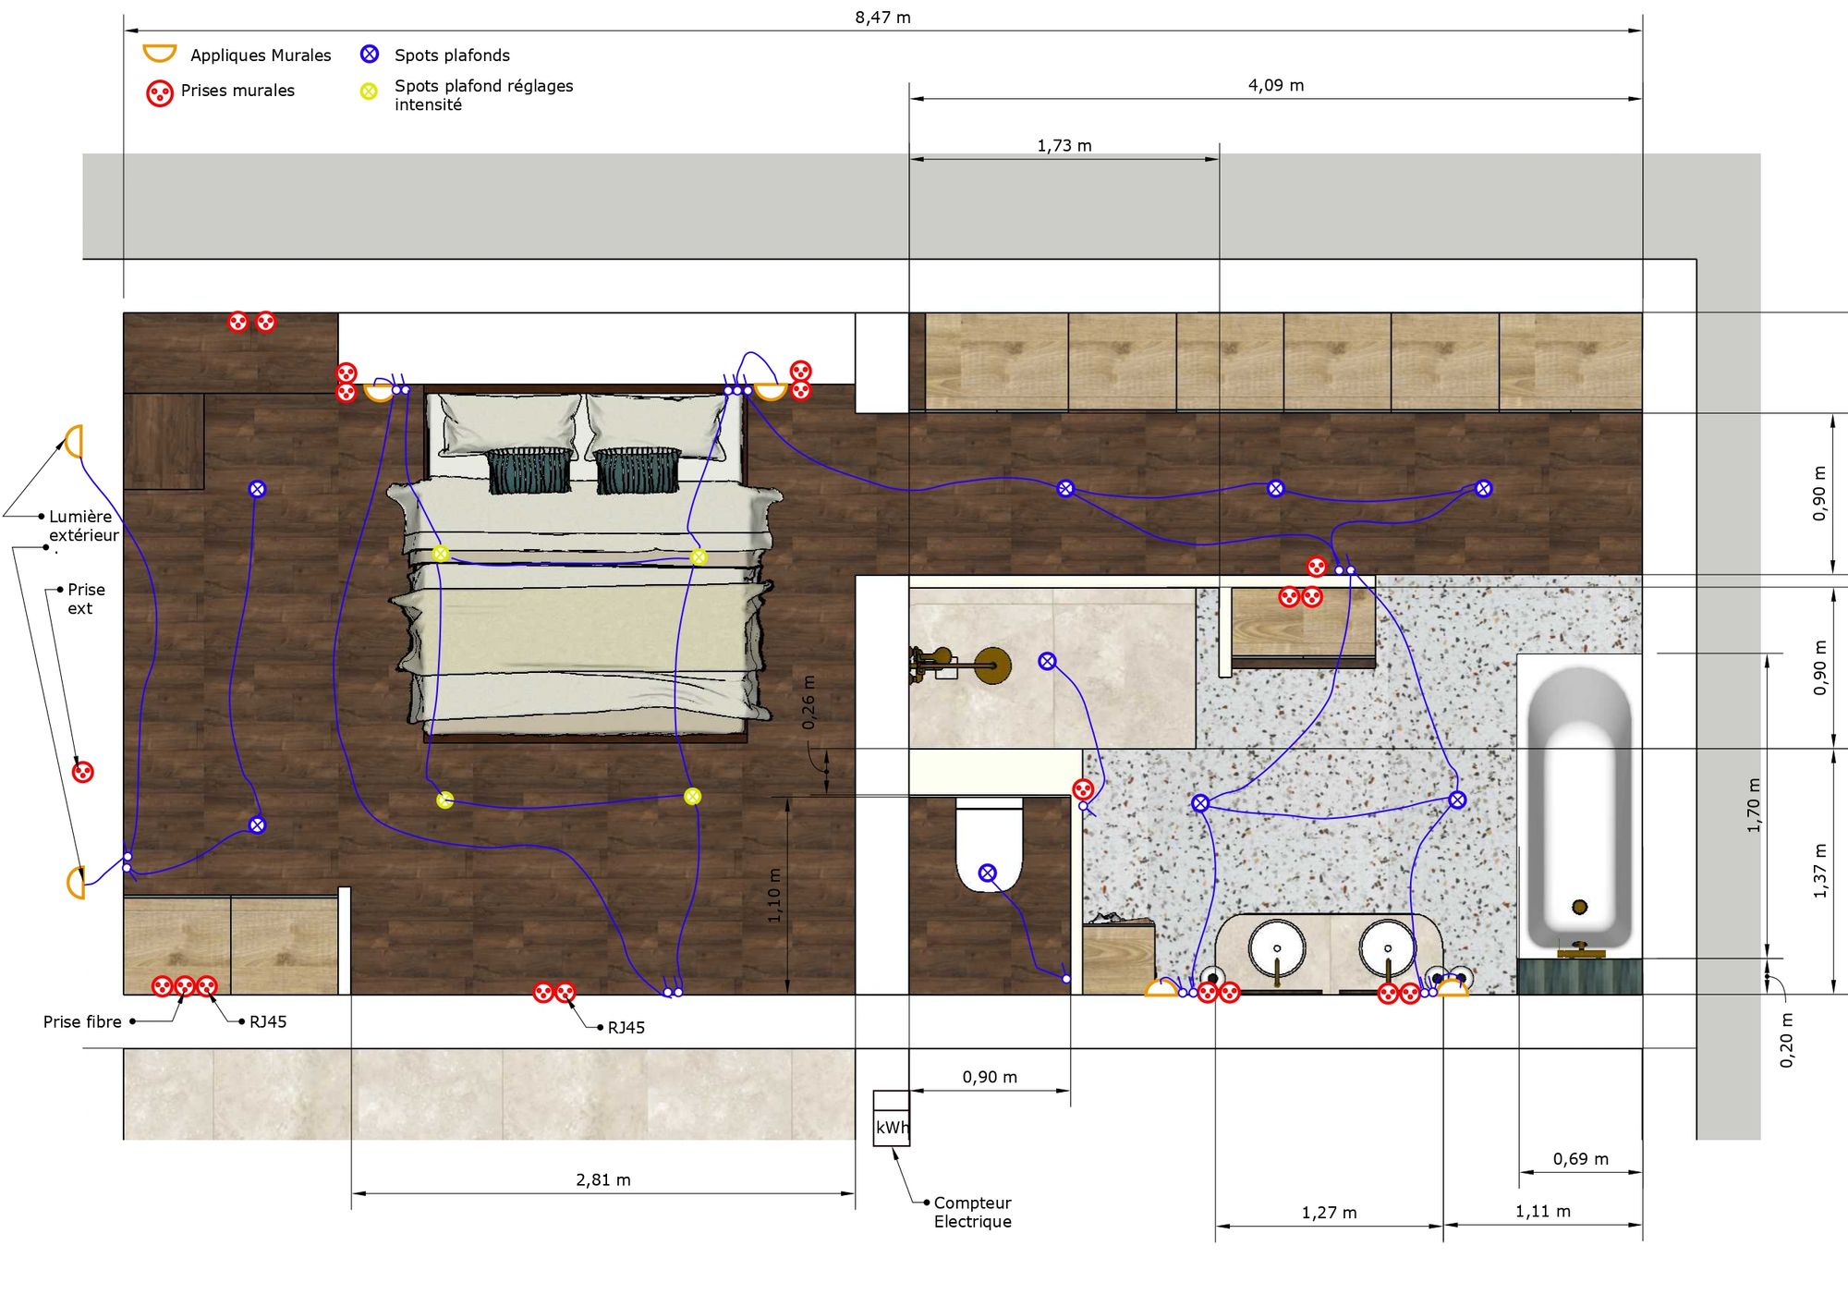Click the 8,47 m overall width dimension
coord(882,18)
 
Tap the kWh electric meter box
coord(892,1118)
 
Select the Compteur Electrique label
coord(972,1212)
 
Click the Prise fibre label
coord(82,1021)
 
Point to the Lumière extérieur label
coord(84,526)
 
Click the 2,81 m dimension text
coord(603,1179)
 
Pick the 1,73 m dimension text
coord(1064,145)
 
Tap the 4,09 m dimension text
coord(1276,85)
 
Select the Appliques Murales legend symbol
coord(159,53)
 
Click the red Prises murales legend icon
coord(160,93)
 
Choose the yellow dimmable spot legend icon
coord(369,92)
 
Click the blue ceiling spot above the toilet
coord(988,873)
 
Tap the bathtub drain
coord(1580,907)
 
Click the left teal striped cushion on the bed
coord(529,470)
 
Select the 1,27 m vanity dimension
coord(1329,1213)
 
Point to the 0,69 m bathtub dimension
coord(1580,1159)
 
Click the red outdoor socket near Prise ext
coord(83,772)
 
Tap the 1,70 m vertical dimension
coord(1754,805)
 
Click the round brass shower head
coord(992,666)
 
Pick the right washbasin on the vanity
coord(1387,948)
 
